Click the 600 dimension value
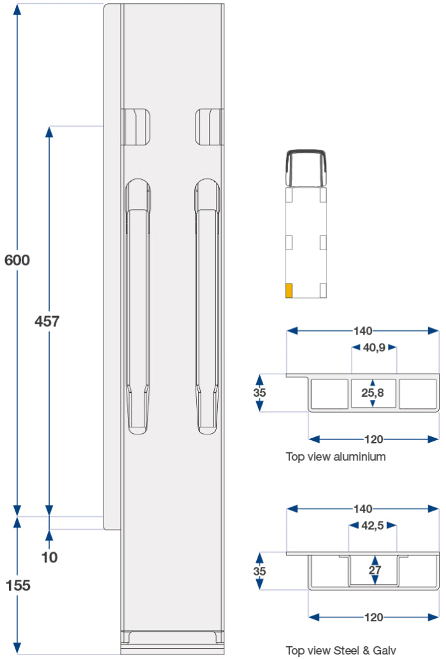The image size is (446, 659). (x=17, y=260)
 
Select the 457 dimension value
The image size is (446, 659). (x=47, y=321)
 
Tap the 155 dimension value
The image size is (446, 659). (x=17, y=585)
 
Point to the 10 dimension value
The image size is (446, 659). (x=49, y=557)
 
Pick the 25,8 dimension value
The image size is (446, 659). (x=373, y=393)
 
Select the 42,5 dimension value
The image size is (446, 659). (x=373, y=526)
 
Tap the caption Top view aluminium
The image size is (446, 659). (x=335, y=457)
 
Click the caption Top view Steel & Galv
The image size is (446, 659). (x=341, y=651)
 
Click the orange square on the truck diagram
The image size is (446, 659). (x=289, y=290)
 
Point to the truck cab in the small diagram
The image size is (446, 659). (x=306, y=168)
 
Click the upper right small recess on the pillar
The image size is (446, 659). (x=209, y=126)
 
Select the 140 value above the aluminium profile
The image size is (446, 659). (x=362, y=331)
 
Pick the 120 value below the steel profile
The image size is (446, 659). (x=374, y=617)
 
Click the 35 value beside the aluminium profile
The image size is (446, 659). (x=259, y=393)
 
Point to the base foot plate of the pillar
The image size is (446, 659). (x=173, y=639)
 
